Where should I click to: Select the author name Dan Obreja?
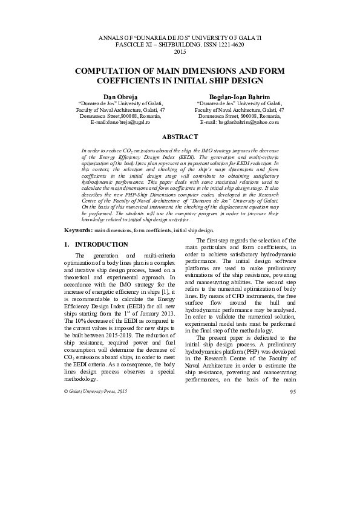121,96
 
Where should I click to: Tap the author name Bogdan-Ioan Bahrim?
240,96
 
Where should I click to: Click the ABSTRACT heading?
180,137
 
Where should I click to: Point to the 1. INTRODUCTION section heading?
96,244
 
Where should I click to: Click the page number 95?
292,392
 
